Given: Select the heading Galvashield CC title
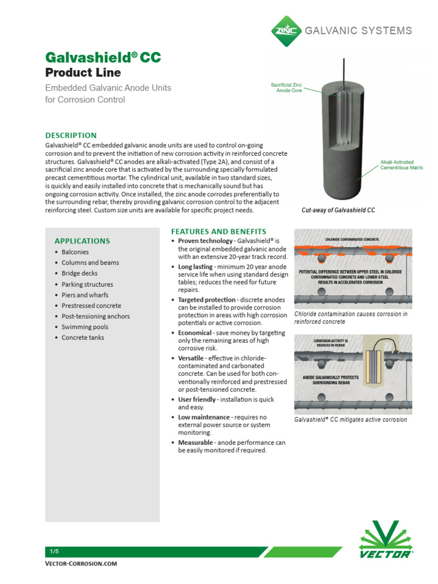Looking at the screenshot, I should pos(103,58).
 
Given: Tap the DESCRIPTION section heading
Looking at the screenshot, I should pos(71,135).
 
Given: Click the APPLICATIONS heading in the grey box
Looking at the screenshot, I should pos(82,241).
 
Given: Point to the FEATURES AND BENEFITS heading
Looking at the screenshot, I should pos(218,232).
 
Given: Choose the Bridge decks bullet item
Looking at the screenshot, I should pos(79,273).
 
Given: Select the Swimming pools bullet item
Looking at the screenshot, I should pos(85,327).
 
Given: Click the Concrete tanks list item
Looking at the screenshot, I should pos(83,338).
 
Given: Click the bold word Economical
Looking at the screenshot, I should pos(196,332).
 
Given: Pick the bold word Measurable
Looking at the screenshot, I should pos(196,443).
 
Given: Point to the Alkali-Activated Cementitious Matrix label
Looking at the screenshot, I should pos(397,165).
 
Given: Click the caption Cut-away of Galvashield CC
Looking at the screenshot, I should pos(338,210).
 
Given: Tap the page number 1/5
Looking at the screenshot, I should pos(54,551).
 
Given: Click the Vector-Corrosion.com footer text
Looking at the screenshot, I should pos(81,563).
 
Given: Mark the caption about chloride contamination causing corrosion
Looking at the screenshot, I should pos(351,318).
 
